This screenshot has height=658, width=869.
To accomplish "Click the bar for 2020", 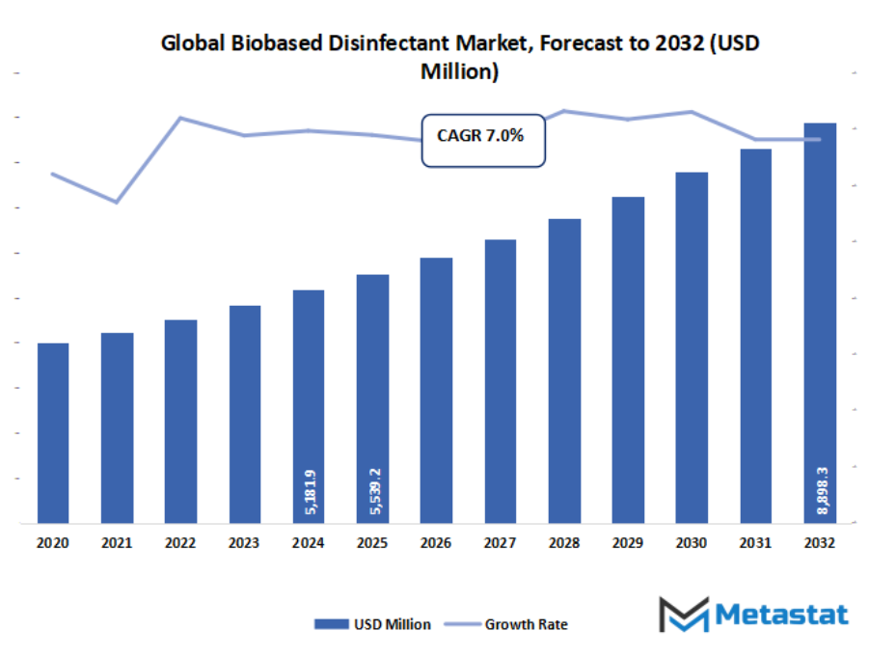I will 53,433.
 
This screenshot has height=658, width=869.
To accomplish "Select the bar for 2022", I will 180,422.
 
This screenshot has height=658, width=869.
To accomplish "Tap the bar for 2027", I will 501,381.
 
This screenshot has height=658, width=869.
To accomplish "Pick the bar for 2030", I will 692,347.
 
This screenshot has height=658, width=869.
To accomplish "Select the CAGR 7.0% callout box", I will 482,139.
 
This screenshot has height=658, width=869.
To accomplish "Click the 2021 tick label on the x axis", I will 117,544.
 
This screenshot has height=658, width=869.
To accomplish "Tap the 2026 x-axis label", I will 437,544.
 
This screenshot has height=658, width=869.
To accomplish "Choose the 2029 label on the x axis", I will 628,544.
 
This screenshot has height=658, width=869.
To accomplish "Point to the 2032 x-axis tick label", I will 820,544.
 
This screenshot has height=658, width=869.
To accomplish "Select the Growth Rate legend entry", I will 511,624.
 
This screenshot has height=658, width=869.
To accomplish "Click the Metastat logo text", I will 782,615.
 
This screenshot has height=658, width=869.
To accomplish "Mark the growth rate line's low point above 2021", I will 117,203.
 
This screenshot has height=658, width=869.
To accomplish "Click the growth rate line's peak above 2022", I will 180,118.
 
